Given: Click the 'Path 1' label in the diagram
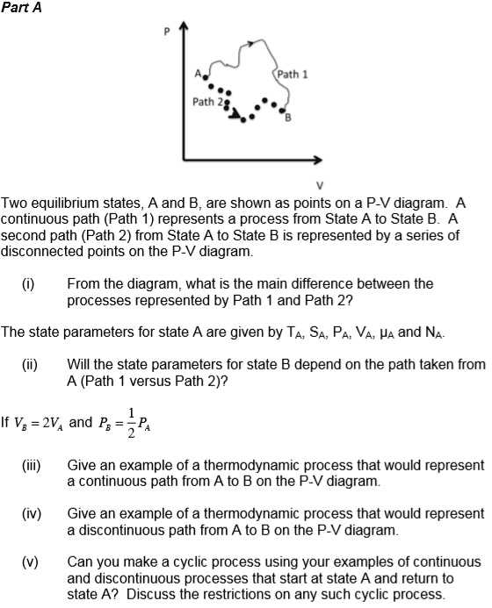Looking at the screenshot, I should click(x=292, y=75).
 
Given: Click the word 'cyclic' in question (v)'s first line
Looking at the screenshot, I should click(x=162, y=561).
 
